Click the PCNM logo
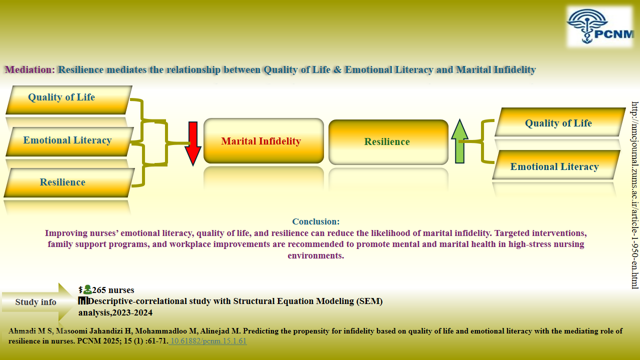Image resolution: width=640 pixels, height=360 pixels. [x=599, y=27]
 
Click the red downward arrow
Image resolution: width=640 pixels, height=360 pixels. [x=193, y=142]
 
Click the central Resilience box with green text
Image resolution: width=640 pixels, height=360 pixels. [x=388, y=142]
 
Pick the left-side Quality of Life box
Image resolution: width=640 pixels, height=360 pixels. [x=68, y=99]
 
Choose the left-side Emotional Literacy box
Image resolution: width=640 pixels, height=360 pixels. [x=69, y=141]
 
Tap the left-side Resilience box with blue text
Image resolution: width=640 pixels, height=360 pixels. [x=69, y=182]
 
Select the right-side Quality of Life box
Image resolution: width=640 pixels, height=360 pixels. [x=559, y=122]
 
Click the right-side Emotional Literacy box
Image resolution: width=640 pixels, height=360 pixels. [x=555, y=166]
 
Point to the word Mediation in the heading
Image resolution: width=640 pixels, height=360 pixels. [x=28, y=69]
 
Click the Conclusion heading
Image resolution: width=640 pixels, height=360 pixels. [x=316, y=221]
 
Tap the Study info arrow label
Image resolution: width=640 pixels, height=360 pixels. [x=36, y=302]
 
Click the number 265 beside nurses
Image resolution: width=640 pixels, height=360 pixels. [x=99, y=290]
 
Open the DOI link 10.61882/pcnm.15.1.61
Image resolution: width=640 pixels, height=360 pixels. [x=208, y=341]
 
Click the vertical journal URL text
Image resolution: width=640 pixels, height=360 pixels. [x=634, y=195]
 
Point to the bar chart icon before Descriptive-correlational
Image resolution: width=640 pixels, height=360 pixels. [x=83, y=301]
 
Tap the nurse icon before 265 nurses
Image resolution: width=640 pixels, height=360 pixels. [x=87, y=289]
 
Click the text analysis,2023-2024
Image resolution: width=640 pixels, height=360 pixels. [x=115, y=312]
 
